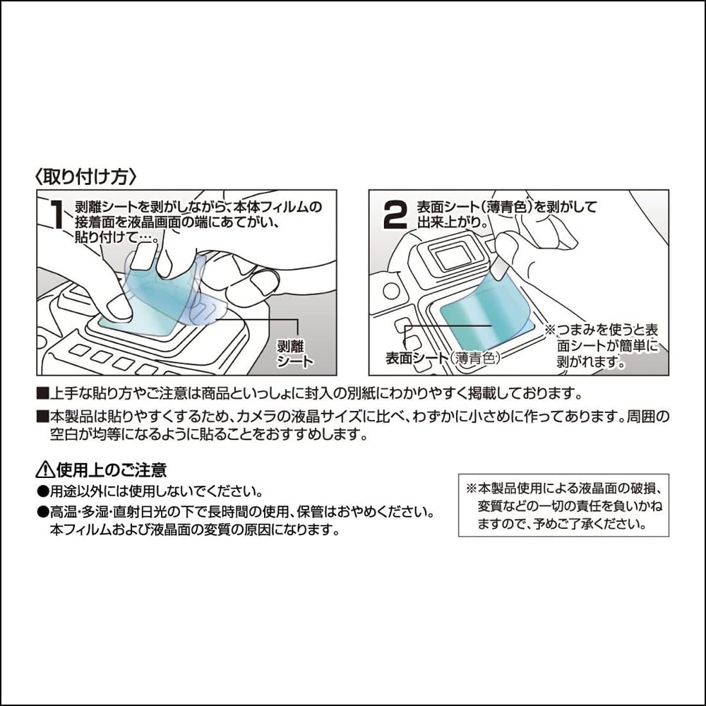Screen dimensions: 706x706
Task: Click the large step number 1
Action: click(57, 215)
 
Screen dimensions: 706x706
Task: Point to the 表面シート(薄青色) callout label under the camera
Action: click(443, 358)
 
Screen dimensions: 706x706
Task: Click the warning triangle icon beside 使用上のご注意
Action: click(44, 468)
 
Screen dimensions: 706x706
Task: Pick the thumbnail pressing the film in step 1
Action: click(116, 306)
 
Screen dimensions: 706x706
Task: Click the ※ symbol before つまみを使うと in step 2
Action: click(550, 330)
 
